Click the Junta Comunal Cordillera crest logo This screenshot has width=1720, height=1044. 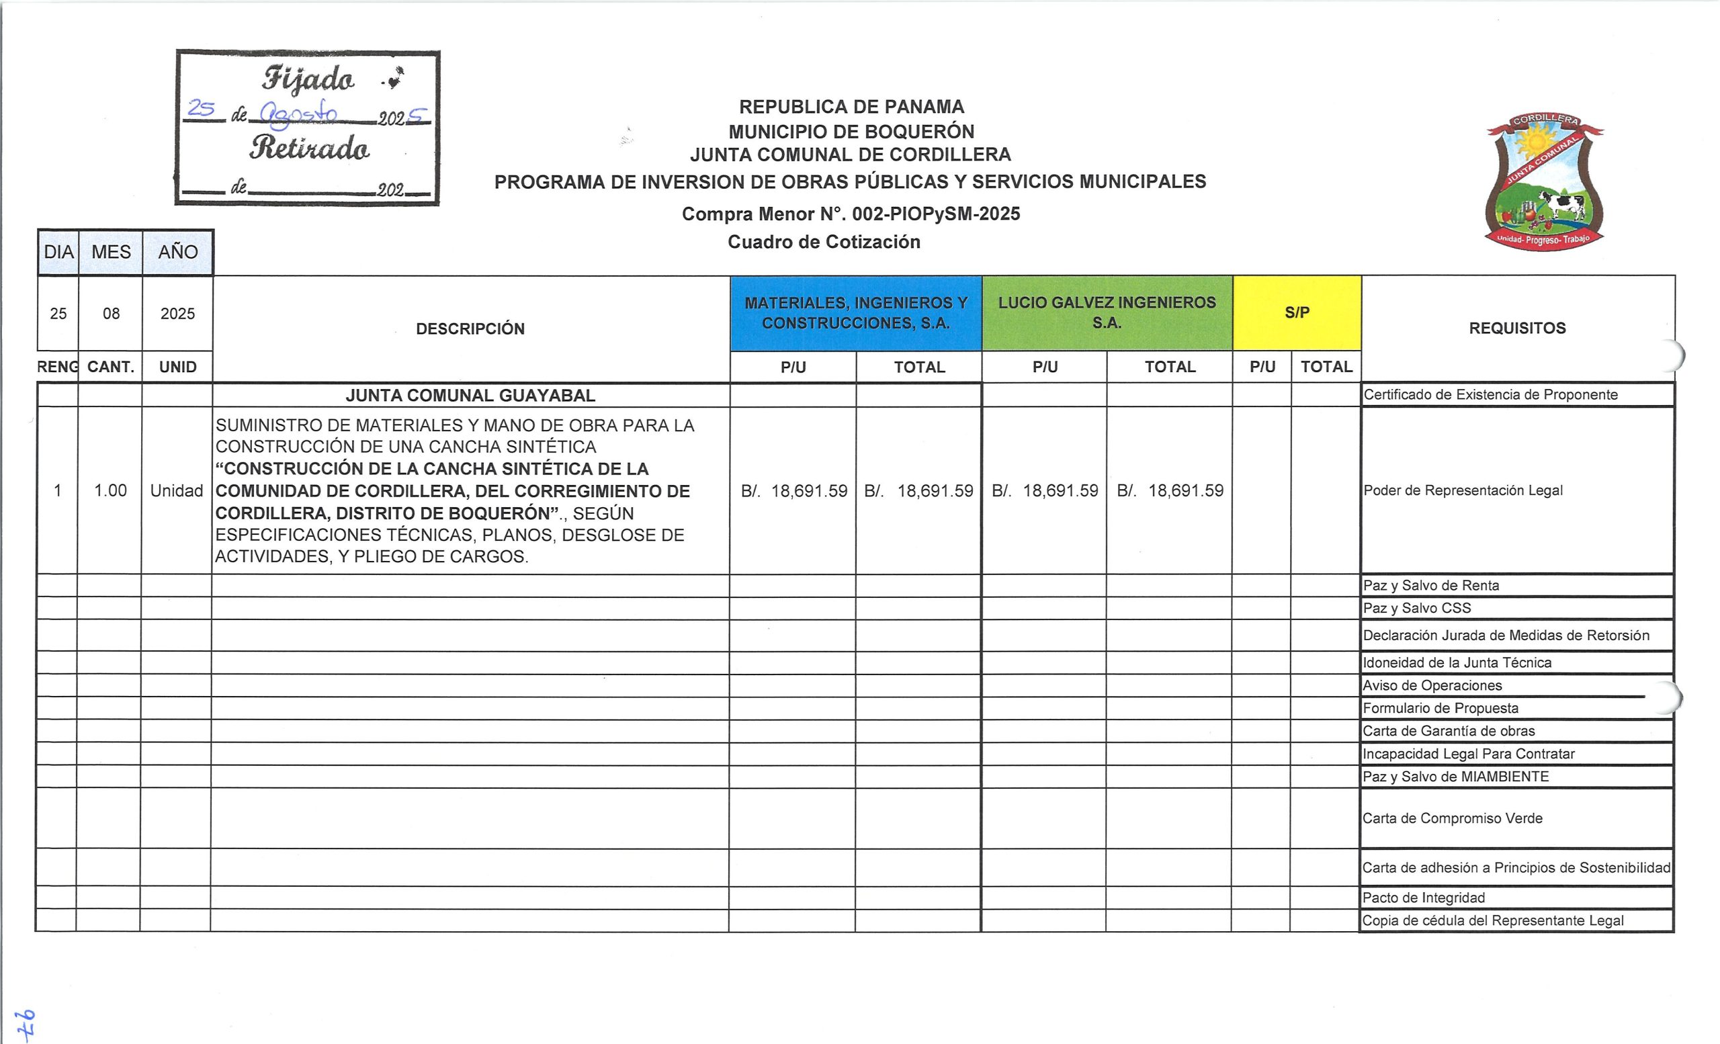(1544, 183)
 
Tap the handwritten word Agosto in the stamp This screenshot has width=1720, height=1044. (298, 114)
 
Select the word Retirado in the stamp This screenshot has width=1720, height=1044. (309, 148)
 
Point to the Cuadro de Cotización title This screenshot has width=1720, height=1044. (824, 242)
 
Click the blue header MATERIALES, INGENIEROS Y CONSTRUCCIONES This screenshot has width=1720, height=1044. (856, 312)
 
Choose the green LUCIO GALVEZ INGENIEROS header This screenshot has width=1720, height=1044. (1107, 312)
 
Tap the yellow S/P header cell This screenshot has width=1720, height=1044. (1296, 312)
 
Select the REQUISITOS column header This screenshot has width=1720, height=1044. (1517, 328)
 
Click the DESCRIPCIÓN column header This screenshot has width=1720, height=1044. (470, 329)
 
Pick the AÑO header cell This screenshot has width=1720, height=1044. (177, 252)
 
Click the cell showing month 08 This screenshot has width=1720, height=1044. (111, 313)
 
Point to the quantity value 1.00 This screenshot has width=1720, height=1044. (110, 490)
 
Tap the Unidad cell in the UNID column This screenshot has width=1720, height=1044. (177, 490)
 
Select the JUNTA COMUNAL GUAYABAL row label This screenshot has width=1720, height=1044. (470, 396)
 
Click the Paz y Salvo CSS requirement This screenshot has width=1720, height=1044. (1416, 608)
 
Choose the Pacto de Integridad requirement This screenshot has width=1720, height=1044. (1423, 898)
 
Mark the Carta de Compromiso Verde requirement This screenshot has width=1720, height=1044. (1452, 818)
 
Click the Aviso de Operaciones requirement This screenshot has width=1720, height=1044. (1432, 685)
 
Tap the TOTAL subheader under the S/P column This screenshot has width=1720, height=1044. (1326, 366)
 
